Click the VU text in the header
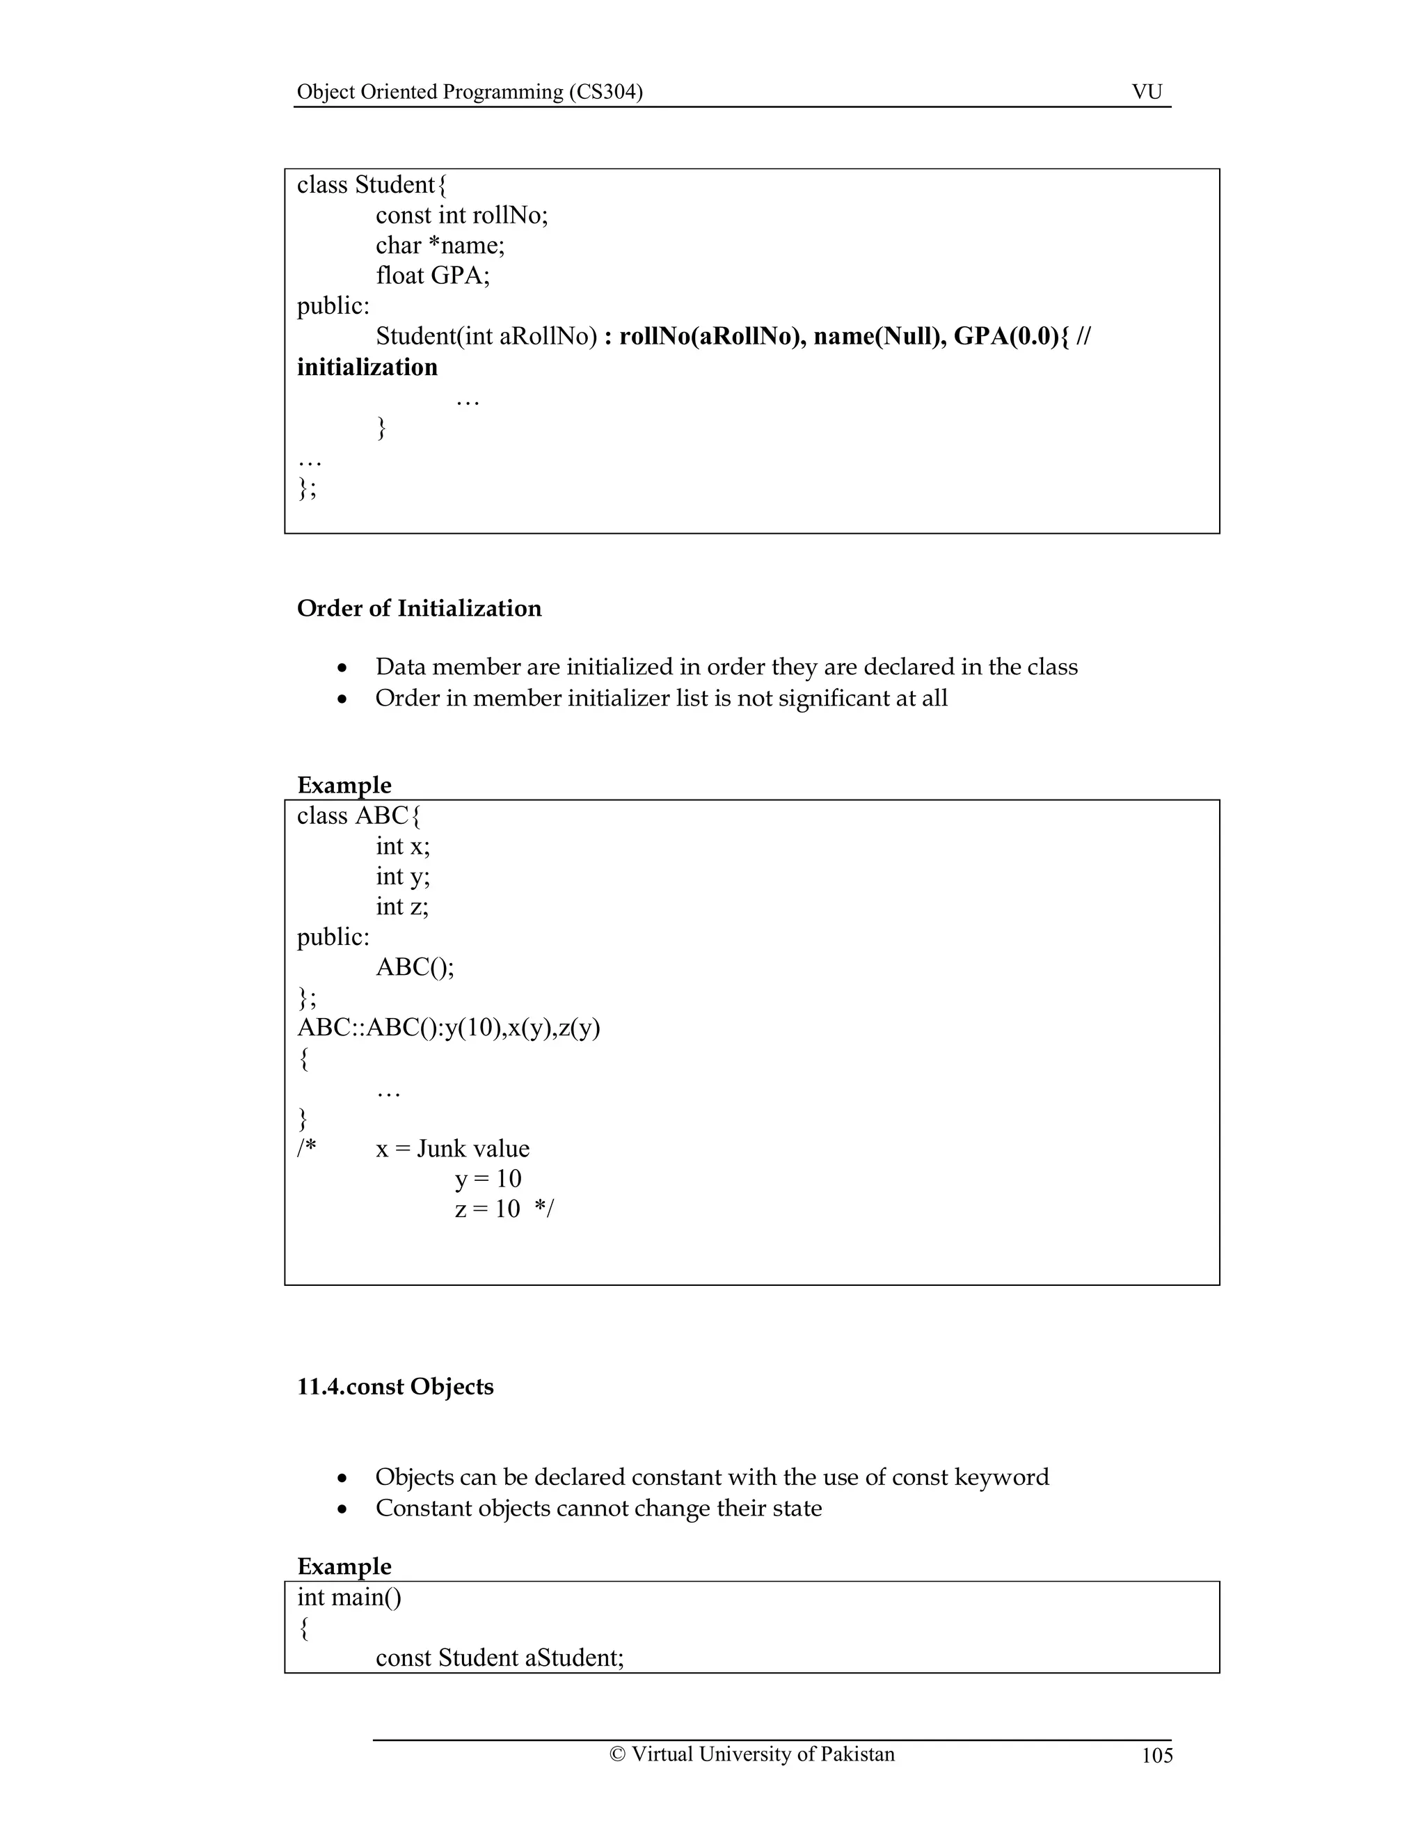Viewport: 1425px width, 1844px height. coord(1147,92)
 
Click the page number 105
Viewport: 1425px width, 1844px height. coord(1156,1756)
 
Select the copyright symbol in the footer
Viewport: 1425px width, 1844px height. coord(617,1754)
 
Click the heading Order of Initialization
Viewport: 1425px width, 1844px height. coord(419,609)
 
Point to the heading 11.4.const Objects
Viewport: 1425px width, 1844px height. coord(395,1388)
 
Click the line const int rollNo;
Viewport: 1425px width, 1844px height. coord(462,215)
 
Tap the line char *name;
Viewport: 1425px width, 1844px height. coord(440,246)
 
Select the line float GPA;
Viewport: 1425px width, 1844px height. coord(432,276)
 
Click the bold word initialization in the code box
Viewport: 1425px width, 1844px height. coord(367,367)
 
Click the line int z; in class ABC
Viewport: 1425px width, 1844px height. coord(402,907)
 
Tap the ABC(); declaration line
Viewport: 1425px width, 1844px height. coord(415,968)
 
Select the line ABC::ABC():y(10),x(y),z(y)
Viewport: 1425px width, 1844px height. coord(448,1028)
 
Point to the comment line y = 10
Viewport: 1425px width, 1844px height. coord(488,1179)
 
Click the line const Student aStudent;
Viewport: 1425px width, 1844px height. coord(500,1658)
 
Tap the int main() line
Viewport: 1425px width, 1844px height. coord(349,1598)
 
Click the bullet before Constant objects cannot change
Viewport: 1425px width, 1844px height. coord(342,1509)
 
